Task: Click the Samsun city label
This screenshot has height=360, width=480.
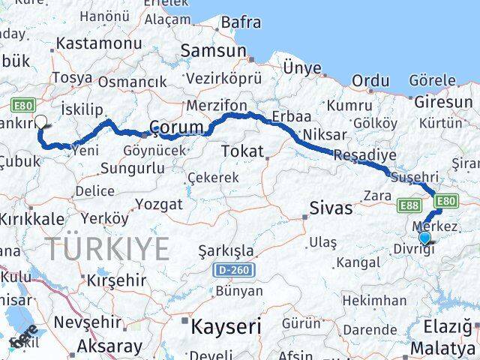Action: tap(211, 51)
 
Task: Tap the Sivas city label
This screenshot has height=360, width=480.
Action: tap(330, 207)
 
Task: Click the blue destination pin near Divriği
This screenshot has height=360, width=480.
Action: tap(425, 238)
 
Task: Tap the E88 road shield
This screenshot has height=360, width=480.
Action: tap(409, 203)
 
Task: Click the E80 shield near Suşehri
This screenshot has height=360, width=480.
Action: tap(445, 201)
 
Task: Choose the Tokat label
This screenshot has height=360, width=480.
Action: tap(242, 151)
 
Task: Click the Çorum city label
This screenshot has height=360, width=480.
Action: tap(177, 126)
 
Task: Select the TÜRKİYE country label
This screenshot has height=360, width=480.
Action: tap(106, 249)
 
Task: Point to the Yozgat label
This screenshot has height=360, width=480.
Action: tap(159, 204)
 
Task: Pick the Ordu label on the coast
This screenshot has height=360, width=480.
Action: tap(370, 80)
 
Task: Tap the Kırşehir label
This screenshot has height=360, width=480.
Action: tap(116, 279)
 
